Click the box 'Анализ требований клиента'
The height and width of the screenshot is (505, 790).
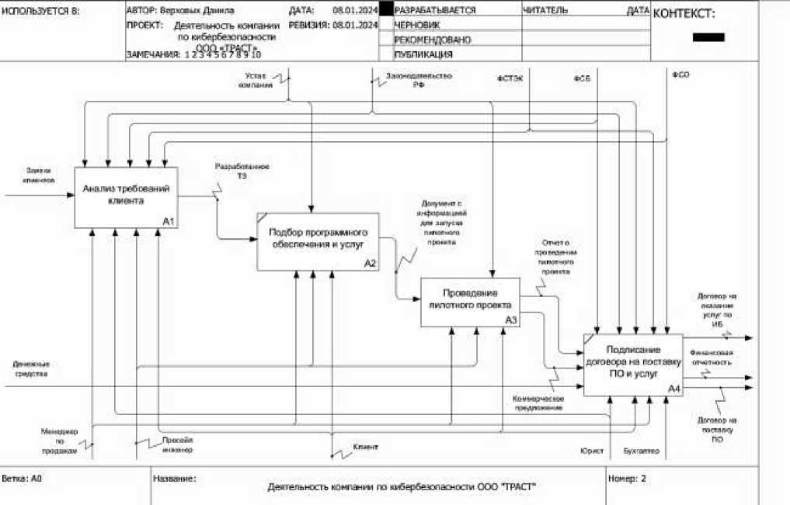point(126,197)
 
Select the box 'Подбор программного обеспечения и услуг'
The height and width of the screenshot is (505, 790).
point(318,241)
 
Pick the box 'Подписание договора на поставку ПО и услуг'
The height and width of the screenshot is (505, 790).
point(633,365)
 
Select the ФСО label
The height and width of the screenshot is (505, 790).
point(680,74)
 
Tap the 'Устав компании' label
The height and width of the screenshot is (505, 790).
point(256,81)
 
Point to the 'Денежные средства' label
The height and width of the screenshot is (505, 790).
point(32,368)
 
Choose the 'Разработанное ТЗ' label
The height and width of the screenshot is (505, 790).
point(242,171)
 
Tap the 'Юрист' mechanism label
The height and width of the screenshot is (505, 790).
point(591,450)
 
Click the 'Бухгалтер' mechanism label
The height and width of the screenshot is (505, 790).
point(641,450)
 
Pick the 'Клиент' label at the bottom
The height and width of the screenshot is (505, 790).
point(365,448)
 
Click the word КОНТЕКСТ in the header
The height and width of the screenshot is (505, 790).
point(684,14)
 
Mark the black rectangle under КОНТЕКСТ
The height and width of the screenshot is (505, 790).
point(708,37)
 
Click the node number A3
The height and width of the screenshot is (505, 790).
point(510,320)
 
